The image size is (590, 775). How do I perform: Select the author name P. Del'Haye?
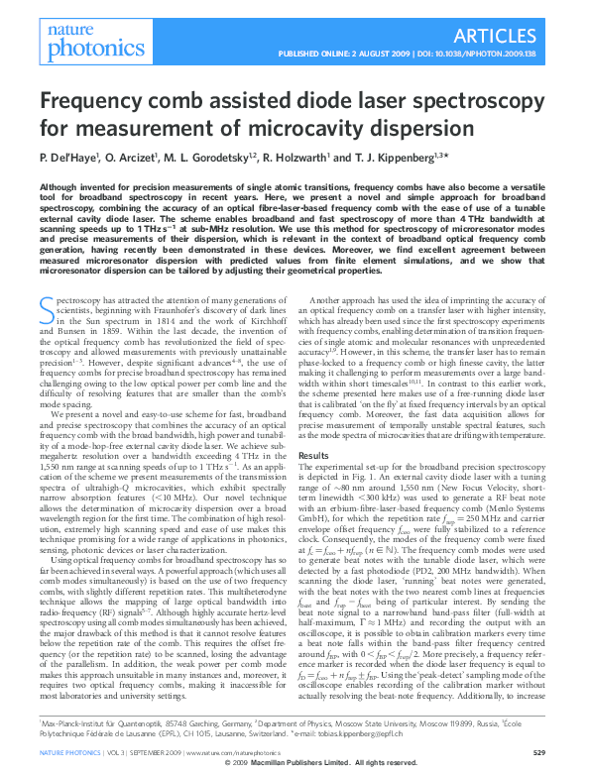71,158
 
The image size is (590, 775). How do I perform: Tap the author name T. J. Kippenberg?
394,158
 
